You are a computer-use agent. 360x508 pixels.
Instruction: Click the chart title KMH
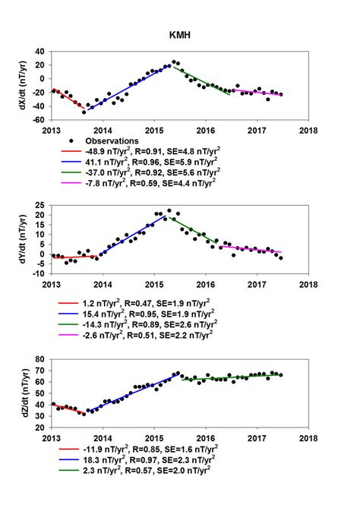pos(179,34)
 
